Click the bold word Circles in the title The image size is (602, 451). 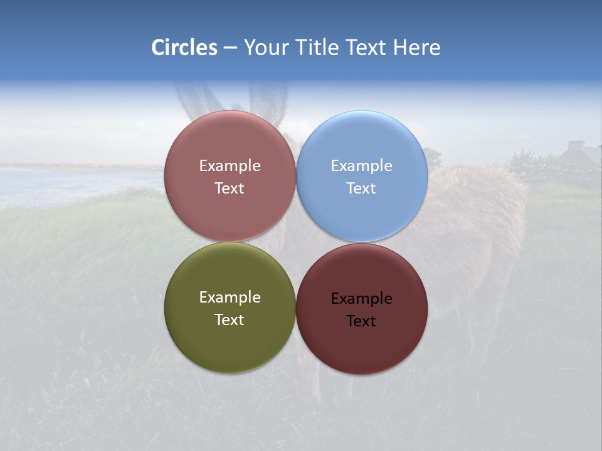pos(184,48)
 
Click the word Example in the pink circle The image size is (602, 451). pos(230,166)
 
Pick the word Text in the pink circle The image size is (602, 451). pos(230,189)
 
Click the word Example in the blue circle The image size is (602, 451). pos(361,166)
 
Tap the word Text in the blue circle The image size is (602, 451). pos(361,189)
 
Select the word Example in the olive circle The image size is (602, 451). pos(230,298)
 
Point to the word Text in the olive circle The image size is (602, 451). pos(230,320)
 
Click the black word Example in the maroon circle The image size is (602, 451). pos(361,299)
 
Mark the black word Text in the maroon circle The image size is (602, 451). pos(361,321)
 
